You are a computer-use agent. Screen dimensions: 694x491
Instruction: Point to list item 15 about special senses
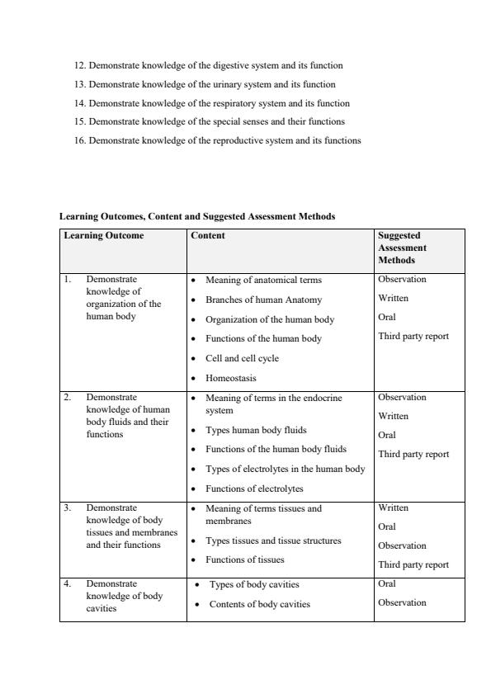coord(210,121)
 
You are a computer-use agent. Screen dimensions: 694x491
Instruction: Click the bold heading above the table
coord(197,216)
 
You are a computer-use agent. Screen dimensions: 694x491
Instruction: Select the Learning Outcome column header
coord(104,235)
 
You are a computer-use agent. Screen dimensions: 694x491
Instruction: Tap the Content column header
coord(208,235)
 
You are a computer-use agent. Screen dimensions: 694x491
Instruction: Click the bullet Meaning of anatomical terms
coord(263,280)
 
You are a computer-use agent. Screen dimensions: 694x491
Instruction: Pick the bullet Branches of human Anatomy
coord(263,300)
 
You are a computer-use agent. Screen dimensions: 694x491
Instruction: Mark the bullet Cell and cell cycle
coord(242,358)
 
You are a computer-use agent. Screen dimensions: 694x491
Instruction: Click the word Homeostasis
coord(230,378)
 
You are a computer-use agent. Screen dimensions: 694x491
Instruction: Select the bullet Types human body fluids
coord(255,430)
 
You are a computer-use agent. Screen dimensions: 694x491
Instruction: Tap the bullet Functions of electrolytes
coord(254,489)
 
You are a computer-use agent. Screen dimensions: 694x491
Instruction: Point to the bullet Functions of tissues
coord(244,559)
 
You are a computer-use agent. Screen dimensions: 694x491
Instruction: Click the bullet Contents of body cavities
coord(259,604)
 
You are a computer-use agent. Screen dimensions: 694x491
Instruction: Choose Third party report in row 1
coord(413,336)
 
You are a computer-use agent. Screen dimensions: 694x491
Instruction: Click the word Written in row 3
coord(393,508)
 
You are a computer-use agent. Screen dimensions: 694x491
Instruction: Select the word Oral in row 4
coord(386,583)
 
